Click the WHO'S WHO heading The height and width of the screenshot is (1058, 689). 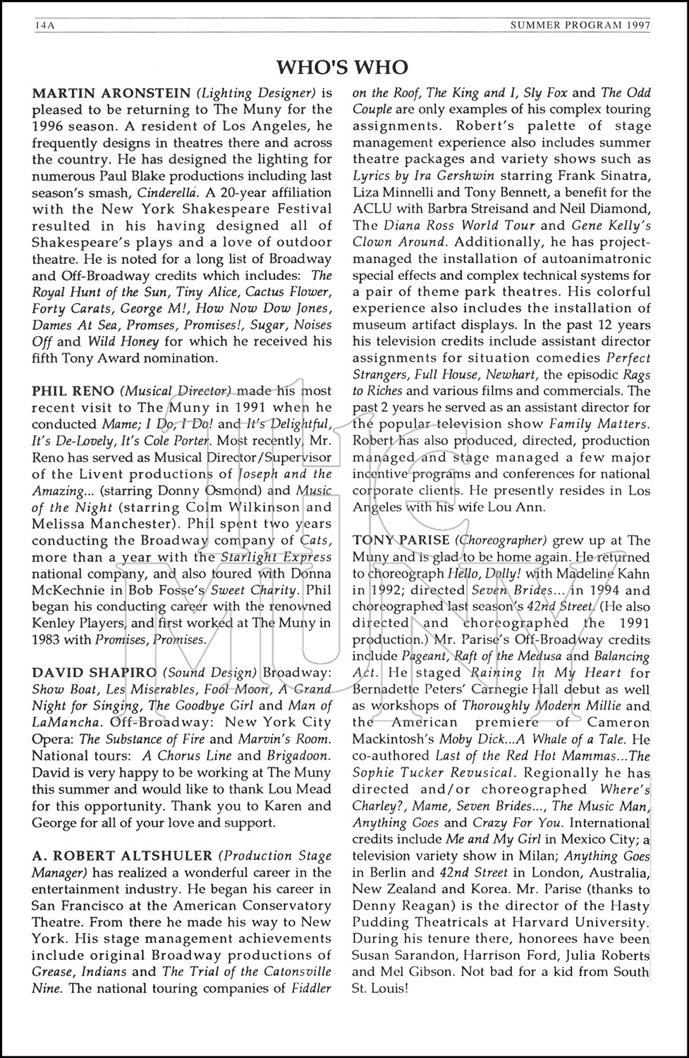click(342, 68)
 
